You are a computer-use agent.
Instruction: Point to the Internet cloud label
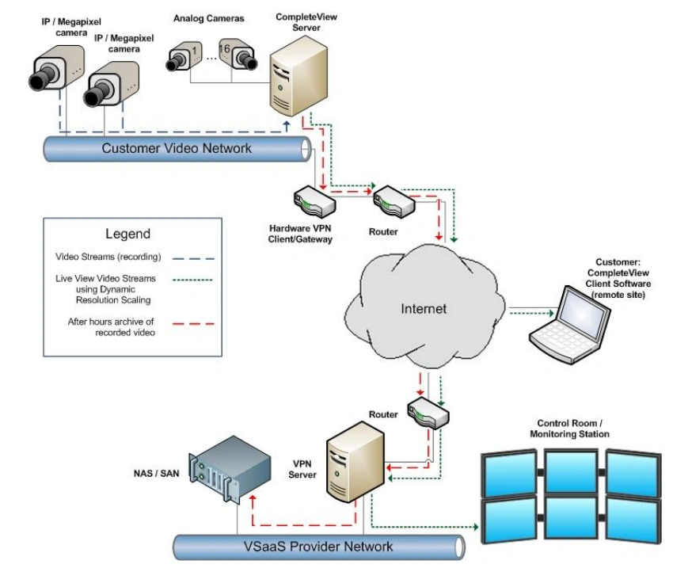click(x=423, y=308)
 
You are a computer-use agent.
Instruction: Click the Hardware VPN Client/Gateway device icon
click(x=314, y=201)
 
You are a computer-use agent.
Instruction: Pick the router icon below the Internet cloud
click(x=428, y=411)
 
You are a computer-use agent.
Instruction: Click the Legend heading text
click(x=127, y=234)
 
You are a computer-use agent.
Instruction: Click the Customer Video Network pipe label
click(x=177, y=148)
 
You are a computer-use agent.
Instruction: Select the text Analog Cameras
click(x=209, y=18)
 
